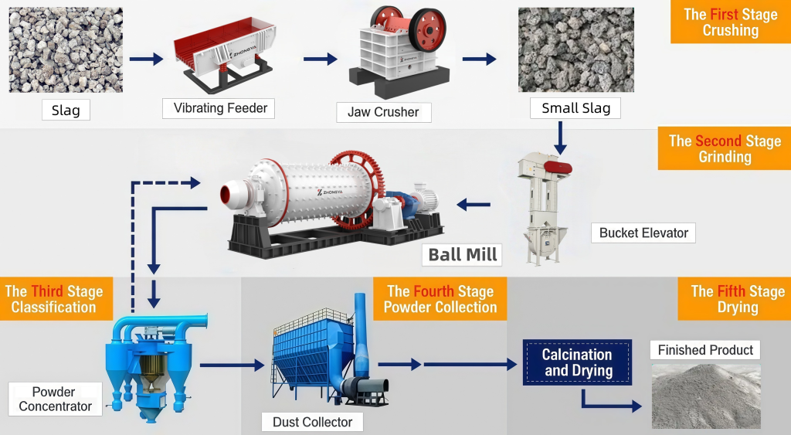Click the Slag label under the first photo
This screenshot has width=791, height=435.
pos(66,110)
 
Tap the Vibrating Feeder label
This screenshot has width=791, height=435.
pos(220,108)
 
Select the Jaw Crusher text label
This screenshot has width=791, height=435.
pos(383,112)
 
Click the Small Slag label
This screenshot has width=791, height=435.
pos(575,108)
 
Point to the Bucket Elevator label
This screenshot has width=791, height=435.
pos(643,233)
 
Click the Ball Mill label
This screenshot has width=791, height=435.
pos(463,254)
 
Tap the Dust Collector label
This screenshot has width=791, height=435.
pos(312,422)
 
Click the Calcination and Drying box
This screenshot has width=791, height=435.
pos(577,362)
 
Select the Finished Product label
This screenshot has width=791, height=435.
pos(705,350)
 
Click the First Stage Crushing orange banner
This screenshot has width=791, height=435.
pos(730,22)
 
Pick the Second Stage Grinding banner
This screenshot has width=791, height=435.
pos(725,149)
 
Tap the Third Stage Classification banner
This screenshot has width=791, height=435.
pos(54,299)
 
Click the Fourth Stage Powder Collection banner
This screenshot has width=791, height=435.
pos(440,299)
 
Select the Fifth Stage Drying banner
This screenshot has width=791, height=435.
pos(737,299)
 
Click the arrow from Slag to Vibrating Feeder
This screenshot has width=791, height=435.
pos(147,59)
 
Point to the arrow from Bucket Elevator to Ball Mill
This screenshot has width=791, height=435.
pos(474,205)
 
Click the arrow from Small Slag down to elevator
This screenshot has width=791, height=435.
pos(562,138)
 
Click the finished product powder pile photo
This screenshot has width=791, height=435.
pos(705,396)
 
